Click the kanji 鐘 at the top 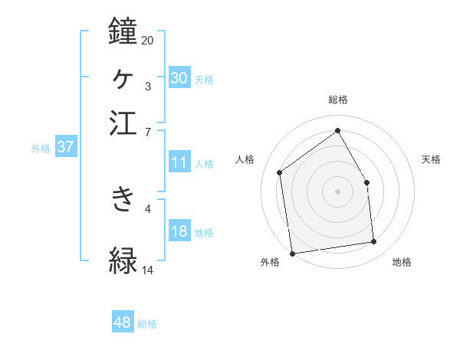tap(123, 31)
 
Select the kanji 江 tap(123, 123)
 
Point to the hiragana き tap(123, 199)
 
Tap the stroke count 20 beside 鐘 tap(147, 40)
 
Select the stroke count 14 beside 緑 tap(147, 270)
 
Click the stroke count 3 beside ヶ tap(147, 86)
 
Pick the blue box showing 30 tap(179, 77)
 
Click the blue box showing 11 tap(179, 162)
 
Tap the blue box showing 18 tap(179, 232)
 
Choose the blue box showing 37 tap(65, 148)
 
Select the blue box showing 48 tap(123, 323)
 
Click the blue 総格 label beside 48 tap(147, 324)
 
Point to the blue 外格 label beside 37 tap(41, 149)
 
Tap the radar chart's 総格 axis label tap(337, 100)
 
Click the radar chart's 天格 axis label tap(432, 159)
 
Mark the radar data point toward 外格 tap(291, 253)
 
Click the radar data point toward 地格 tap(374, 242)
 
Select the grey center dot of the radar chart tap(337, 191)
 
